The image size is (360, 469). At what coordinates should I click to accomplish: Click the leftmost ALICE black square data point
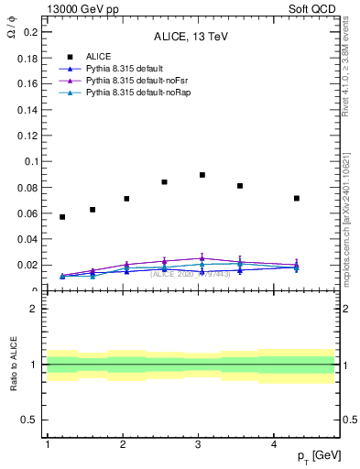coord(62,217)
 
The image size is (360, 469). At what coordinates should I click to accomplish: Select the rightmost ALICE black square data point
coord(297,198)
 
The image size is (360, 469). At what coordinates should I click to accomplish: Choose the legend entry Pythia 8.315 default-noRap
coord(124,93)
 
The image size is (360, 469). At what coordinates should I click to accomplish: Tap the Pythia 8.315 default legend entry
coord(111,69)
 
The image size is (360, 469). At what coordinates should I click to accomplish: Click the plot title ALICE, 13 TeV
coord(190,38)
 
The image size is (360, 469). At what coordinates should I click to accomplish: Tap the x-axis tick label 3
coord(199,444)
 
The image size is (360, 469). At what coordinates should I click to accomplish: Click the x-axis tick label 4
coord(275,444)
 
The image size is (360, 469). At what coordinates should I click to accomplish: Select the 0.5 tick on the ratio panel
coord(29,420)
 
